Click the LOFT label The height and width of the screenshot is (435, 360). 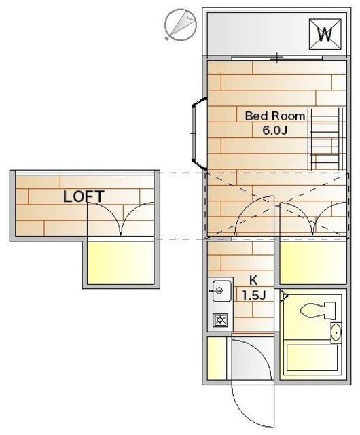(x=84, y=196)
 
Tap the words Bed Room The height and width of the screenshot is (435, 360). (x=275, y=116)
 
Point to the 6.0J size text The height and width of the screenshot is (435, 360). (x=274, y=130)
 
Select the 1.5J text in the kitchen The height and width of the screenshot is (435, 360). (x=254, y=295)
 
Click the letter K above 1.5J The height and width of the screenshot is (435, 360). (x=253, y=281)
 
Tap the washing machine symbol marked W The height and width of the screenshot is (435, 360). (x=325, y=34)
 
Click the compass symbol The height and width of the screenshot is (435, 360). (x=180, y=25)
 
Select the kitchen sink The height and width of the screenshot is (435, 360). (x=221, y=291)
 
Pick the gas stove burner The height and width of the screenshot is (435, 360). (x=221, y=320)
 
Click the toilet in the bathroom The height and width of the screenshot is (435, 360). (x=318, y=311)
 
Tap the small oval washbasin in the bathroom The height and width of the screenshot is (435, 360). (x=336, y=332)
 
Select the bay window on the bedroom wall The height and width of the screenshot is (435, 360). (x=198, y=133)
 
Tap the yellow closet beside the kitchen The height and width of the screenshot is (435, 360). (x=313, y=263)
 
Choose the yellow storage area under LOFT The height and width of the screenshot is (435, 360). (x=121, y=263)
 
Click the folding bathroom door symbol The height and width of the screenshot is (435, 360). (x=283, y=297)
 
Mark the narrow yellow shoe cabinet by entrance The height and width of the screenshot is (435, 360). (x=217, y=358)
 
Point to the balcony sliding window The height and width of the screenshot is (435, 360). (x=277, y=58)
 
